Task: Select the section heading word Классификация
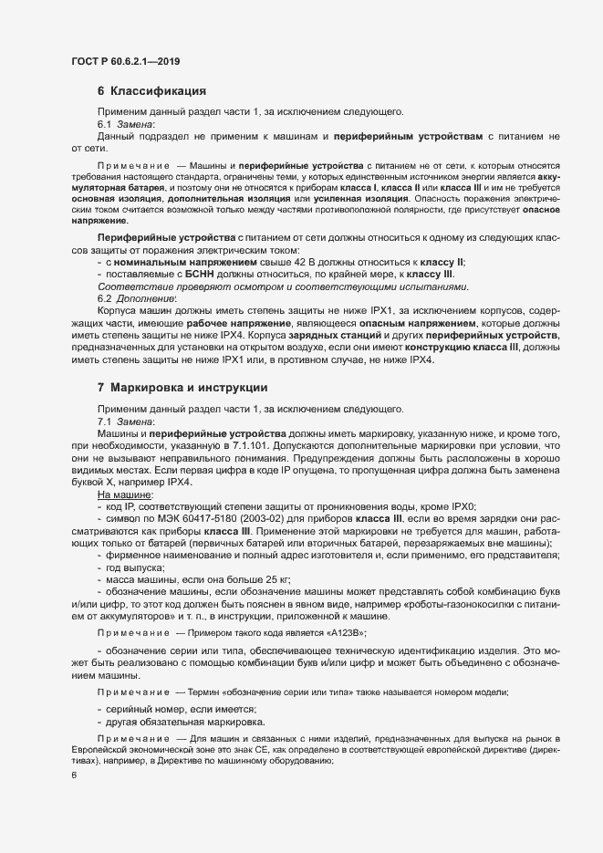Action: [x=158, y=91]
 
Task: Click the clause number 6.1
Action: [x=103, y=125]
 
